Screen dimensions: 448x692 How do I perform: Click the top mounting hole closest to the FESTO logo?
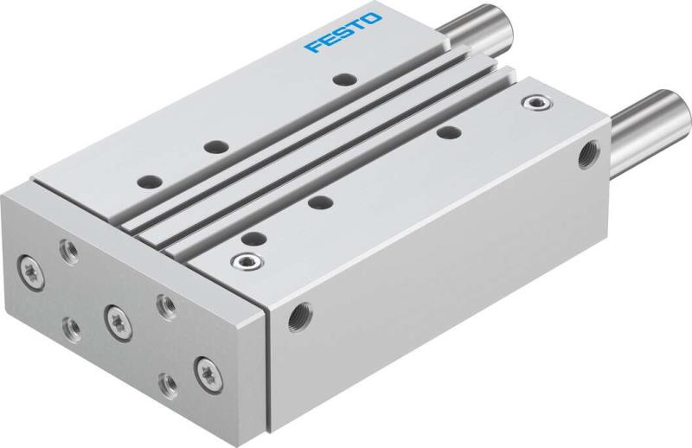click(345, 80)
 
